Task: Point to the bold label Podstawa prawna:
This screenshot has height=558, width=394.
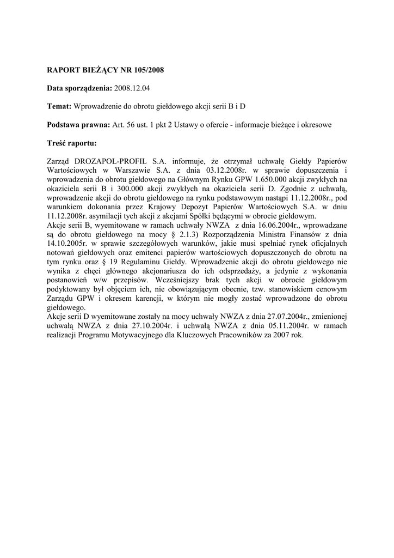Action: point(78,125)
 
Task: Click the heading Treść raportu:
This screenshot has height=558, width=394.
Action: point(72,143)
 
